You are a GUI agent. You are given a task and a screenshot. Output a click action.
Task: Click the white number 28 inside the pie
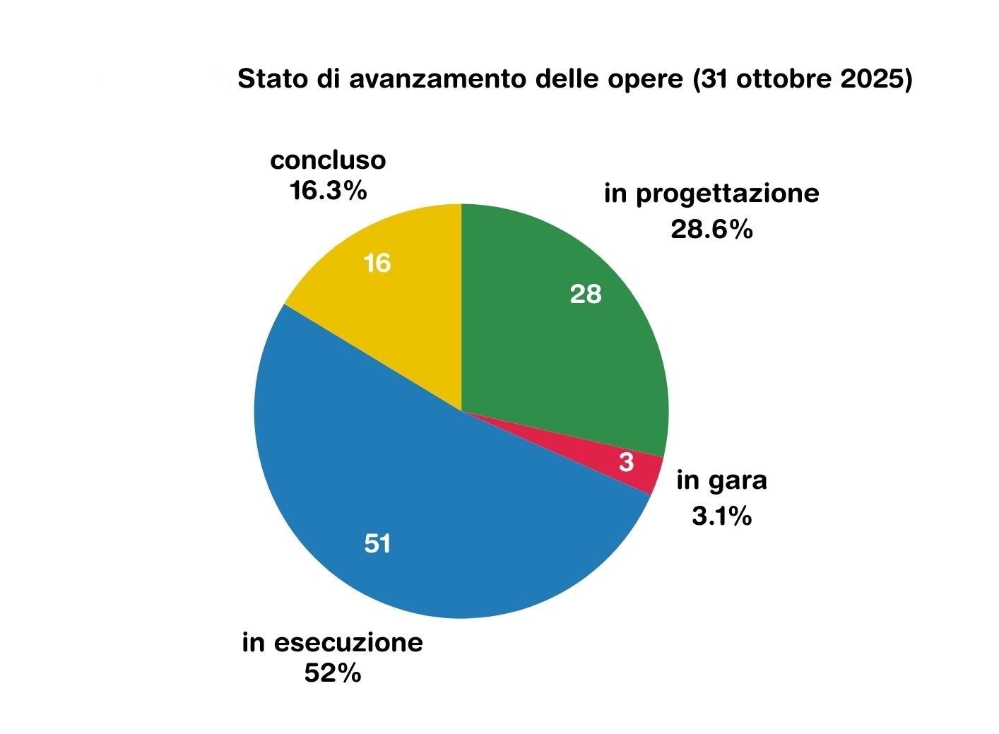(586, 294)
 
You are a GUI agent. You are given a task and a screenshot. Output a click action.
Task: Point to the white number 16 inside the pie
(377, 264)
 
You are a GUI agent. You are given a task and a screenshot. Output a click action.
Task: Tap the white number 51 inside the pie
(378, 544)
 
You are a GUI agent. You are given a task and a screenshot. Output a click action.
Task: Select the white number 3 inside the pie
(626, 463)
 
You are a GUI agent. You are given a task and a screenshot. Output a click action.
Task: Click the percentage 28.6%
(711, 229)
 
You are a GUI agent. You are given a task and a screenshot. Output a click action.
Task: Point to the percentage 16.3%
(328, 190)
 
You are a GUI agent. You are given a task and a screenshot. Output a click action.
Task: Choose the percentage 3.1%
(721, 516)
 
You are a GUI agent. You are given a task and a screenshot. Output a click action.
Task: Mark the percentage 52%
(333, 673)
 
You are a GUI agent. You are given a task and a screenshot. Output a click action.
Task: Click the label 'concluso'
(328, 160)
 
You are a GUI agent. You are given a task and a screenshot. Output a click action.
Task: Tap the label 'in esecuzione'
(332, 643)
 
